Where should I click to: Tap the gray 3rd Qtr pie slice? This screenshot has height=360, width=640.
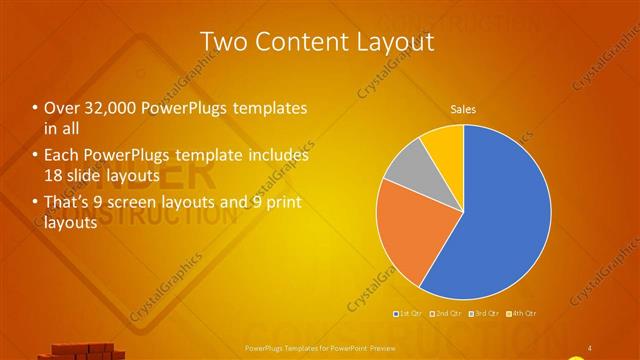[406, 166]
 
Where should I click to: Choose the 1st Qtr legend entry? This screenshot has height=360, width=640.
[408, 314]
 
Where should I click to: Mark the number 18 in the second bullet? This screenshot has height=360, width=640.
[54, 175]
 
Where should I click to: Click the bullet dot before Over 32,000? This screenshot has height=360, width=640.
[35, 108]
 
